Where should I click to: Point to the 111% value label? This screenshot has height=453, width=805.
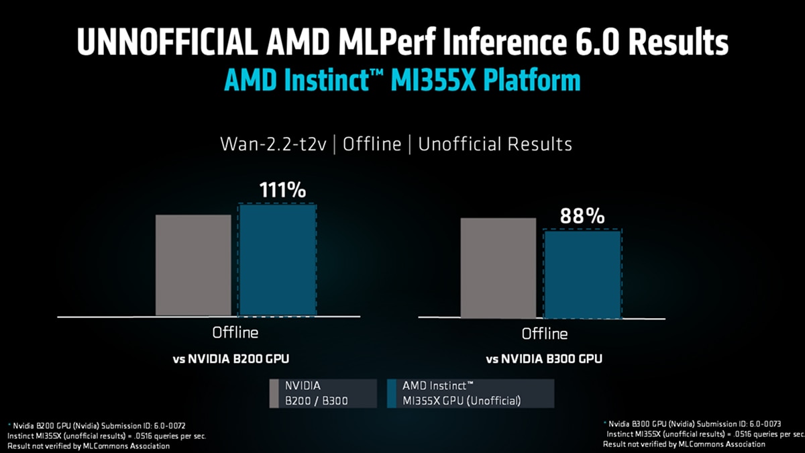(x=282, y=190)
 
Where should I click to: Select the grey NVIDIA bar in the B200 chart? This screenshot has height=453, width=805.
(x=193, y=265)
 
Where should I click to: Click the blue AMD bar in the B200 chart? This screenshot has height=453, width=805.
(x=277, y=260)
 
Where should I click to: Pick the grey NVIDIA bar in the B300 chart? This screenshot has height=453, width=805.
(x=498, y=268)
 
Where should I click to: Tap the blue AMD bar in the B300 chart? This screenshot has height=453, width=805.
(x=582, y=274)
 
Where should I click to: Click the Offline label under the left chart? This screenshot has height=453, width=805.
(x=235, y=332)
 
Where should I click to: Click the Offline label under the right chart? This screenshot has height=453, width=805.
(x=545, y=334)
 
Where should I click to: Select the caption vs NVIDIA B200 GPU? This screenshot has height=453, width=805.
(x=231, y=358)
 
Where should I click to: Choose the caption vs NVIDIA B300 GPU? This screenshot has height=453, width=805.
(x=544, y=359)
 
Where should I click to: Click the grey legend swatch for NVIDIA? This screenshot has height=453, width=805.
(x=273, y=393)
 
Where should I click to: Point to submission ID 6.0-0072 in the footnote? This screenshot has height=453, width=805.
(x=170, y=425)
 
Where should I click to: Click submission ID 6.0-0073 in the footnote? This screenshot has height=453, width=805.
(x=761, y=423)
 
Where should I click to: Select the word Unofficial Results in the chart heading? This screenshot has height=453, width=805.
(x=495, y=144)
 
